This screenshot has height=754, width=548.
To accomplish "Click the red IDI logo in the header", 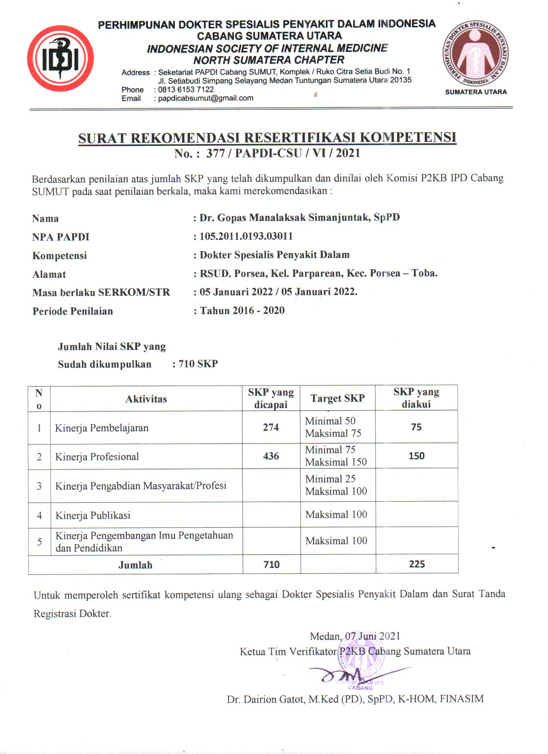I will (60, 58).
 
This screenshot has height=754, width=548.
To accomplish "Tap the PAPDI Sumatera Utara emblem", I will (476, 53).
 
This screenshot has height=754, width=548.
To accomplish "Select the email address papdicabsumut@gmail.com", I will (205, 98).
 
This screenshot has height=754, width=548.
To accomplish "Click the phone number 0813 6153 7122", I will (186, 89).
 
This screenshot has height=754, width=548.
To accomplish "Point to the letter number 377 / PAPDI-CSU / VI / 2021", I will (283, 153).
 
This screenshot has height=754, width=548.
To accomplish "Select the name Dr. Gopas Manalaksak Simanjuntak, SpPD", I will (300, 218).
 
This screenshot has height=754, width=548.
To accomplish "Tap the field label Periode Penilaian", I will (73, 311).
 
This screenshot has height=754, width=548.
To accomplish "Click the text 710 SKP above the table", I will (198, 364).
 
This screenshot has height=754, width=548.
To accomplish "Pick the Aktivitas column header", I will (146, 399).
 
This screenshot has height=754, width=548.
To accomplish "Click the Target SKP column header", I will (337, 398).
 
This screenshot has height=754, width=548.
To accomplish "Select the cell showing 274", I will (271, 427).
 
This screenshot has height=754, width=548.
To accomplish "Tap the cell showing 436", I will (271, 456).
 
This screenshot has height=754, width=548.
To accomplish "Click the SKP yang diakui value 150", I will (416, 456).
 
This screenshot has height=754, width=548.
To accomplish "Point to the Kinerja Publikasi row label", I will (93, 515).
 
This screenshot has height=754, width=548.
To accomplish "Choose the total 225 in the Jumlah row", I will (416, 564).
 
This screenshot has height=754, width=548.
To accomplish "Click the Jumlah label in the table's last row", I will (135, 565).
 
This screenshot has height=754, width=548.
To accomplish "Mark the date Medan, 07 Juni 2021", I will (355, 636).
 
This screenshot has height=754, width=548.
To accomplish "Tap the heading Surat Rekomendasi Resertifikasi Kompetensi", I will (267, 138).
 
